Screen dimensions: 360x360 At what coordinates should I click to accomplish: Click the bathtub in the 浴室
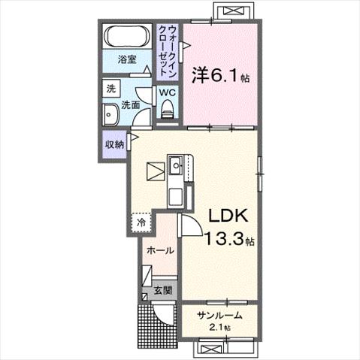[x=127, y=36]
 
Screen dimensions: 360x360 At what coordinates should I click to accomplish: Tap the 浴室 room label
[x=127, y=59]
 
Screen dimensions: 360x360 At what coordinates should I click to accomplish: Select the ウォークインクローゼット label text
[x=168, y=51]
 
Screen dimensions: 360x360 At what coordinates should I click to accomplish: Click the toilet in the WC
[x=167, y=109]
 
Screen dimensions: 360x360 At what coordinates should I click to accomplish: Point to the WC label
[x=168, y=92]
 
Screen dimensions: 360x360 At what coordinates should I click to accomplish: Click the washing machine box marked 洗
[x=111, y=88]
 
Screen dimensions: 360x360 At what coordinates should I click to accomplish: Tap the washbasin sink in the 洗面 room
[x=110, y=114]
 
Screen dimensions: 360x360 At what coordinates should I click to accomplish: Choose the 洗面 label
[x=131, y=105]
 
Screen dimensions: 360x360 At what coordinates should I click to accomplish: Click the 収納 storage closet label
[x=114, y=144]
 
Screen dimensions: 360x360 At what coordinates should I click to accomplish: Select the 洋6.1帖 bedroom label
[x=220, y=75]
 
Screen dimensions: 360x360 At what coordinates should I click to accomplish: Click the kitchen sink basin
[x=177, y=165]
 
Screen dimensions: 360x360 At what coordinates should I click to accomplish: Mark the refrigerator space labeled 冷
[x=141, y=222]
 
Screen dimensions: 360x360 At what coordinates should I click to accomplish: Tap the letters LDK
[x=228, y=215]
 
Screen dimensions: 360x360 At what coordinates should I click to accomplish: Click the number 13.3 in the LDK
[x=224, y=238]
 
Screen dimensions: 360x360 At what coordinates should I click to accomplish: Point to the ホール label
[x=160, y=250]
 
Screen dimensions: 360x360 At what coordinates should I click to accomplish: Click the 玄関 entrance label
[x=163, y=290]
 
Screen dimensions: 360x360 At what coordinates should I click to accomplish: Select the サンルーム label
[x=219, y=315]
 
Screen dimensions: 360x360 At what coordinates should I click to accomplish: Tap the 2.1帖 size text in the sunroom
[x=219, y=327]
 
